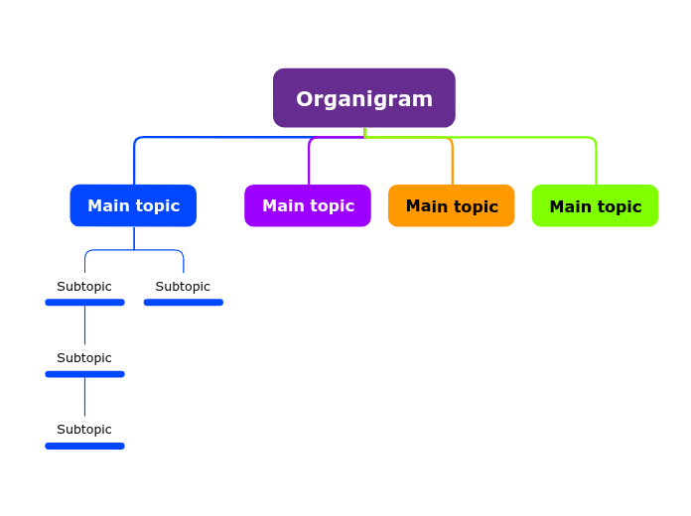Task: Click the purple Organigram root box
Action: (363, 98)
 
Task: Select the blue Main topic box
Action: (133, 205)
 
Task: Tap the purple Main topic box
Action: (308, 205)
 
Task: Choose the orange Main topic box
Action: (452, 205)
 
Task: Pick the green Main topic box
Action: (595, 205)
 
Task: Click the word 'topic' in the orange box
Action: (476, 206)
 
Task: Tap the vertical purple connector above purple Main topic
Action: (309, 164)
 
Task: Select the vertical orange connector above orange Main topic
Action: (453, 164)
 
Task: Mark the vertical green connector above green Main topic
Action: (597, 164)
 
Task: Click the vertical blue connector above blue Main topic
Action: (134, 164)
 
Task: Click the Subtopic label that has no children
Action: (183, 287)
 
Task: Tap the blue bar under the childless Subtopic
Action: (183, 303)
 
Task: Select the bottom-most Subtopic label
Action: (84, 430)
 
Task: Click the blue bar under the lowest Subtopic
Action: (84, 447)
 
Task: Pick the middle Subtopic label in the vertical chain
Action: (84, 358)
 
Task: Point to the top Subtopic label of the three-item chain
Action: (84, 287)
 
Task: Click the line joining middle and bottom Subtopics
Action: (84, 397)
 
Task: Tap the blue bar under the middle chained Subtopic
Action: (84, 374)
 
